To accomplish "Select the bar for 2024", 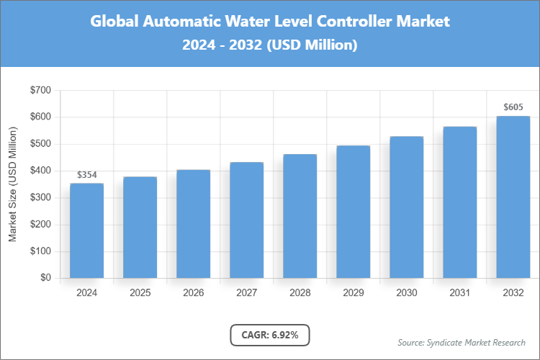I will [86, 230].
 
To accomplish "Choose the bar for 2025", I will [140, 227].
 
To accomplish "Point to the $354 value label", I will [86, 175].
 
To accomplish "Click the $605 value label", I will [513, 107].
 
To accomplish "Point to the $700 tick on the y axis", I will [40, 91].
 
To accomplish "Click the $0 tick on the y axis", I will [45, 278].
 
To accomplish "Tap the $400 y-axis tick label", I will [40, 171].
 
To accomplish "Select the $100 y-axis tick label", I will [40, 251].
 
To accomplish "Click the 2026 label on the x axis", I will [193, 293].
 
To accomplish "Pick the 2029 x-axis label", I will [353, 293].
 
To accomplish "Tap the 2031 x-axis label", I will [459, 293].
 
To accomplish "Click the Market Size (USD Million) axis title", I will [12, 184].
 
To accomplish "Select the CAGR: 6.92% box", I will [269, 335].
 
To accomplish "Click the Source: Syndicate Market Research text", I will [461, 342].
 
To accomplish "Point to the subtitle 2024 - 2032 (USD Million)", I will [270, 45].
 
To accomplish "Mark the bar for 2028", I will [300, 216].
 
